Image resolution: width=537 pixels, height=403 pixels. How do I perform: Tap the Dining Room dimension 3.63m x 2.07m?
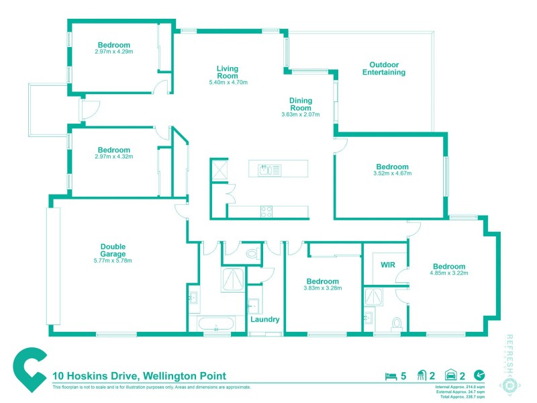click(x=300, y=115)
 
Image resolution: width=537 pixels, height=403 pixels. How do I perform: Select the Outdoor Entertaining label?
click(x=383, y=69)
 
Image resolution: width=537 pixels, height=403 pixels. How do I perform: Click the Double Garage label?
click(x=113, y=250)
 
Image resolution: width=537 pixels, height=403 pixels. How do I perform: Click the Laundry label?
click(x=264, y=319)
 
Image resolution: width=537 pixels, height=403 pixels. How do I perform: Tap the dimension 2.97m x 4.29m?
click(x=114, y=52)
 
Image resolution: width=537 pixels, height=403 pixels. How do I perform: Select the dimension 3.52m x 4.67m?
click(x=392, y=173)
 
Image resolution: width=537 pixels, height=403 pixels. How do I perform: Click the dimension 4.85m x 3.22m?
click(x=448, y=273)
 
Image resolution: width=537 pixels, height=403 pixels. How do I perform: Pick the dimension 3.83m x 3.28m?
click(x=323, y=288)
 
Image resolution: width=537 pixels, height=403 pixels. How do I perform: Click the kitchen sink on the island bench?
click(x=266, y=169)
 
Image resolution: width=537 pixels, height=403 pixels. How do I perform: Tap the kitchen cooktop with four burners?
click(x=266, y=211)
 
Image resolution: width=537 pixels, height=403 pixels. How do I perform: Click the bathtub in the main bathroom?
click(x=216, y=325)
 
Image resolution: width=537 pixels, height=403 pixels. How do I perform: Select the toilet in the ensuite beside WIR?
click(x=396, y=323)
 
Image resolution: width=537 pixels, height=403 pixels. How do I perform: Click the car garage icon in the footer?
click(x=452, y=376)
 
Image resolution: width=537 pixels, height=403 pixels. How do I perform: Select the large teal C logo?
click(x=30, y=369)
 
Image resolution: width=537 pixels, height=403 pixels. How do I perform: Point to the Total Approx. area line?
click(x=460, y=396)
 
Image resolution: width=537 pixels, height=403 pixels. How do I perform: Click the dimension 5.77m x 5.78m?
click(x=113, y=261)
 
